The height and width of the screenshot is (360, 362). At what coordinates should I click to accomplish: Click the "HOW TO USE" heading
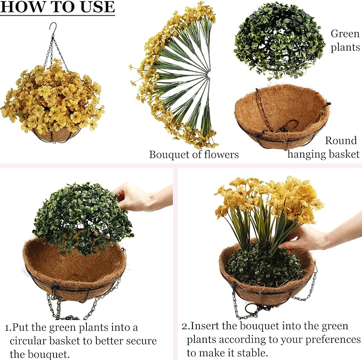(58, 7)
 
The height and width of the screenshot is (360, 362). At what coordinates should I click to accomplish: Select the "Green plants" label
(345, 40)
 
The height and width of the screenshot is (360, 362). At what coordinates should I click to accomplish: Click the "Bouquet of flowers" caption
(194, 154)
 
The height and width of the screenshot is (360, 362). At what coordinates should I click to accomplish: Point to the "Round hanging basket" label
(324, 148)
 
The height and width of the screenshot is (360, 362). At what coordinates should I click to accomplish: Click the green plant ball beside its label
(279, 40)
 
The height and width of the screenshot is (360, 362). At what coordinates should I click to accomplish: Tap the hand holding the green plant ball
(142, 197)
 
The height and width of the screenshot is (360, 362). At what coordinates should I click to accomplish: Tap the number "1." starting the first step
(8, 328)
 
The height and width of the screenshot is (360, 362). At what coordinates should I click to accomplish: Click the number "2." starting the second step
(186, 326)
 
